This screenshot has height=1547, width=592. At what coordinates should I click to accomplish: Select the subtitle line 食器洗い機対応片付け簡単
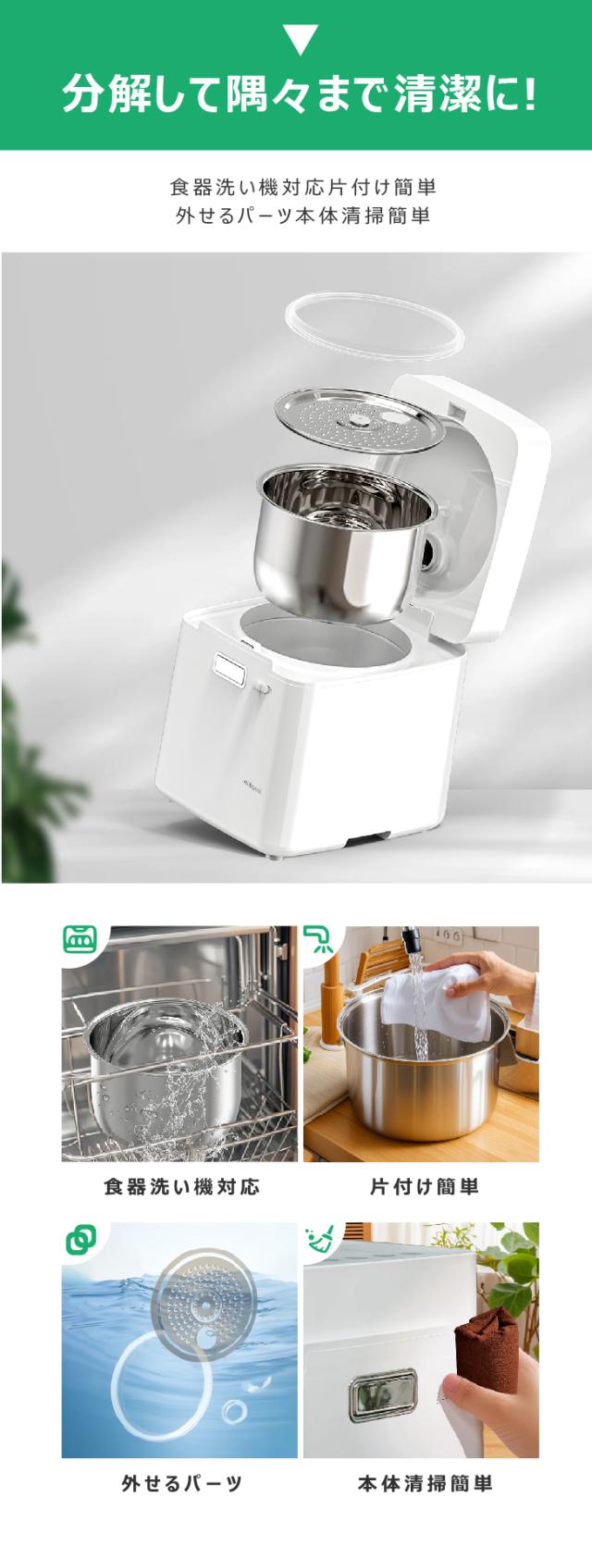302,187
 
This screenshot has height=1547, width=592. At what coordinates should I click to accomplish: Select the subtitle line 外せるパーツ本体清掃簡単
302,217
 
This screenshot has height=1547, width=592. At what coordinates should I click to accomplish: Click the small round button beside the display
262,688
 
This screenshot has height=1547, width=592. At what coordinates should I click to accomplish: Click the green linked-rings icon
80,1238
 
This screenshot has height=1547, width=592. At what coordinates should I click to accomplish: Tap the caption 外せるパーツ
181,1484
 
